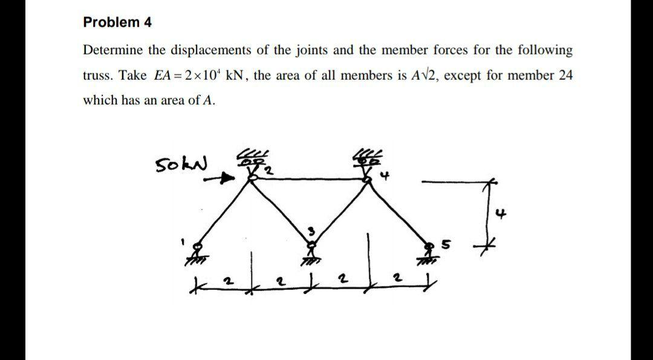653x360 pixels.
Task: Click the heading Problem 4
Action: click(117, 23)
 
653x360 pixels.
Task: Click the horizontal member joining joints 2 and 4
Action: click(308, 178)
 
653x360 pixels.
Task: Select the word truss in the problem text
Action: click(97, 76)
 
